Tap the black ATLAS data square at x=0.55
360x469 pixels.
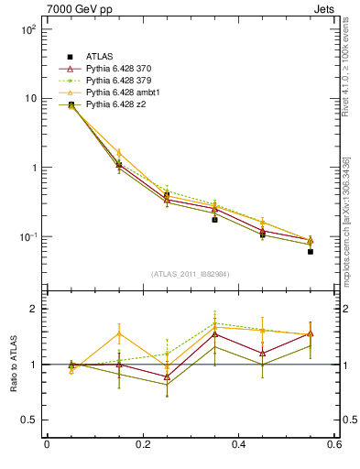click(x=311, y=251)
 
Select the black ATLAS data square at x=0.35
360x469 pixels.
click(x=214, y=220)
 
